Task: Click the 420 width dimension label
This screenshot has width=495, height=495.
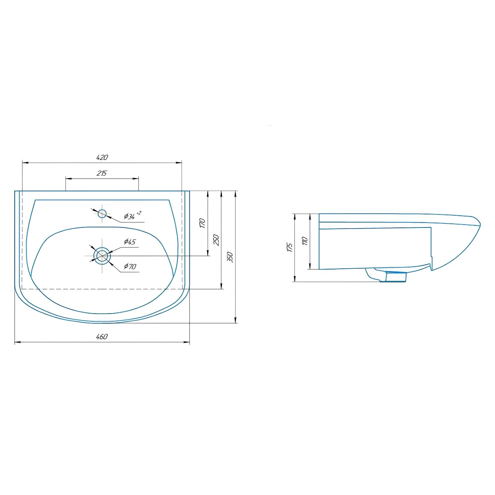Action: click(x=102, y=157)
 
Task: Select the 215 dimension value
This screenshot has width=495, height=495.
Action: click(x=102, y=173)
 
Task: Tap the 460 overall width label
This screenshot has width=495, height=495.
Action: click(x=102, y=336)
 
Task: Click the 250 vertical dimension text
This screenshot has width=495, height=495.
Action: click(x=217, y=240)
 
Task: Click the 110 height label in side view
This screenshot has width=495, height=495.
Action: click(x=305, y=241)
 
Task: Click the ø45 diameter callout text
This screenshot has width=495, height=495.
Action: click(x=130, y=242)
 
